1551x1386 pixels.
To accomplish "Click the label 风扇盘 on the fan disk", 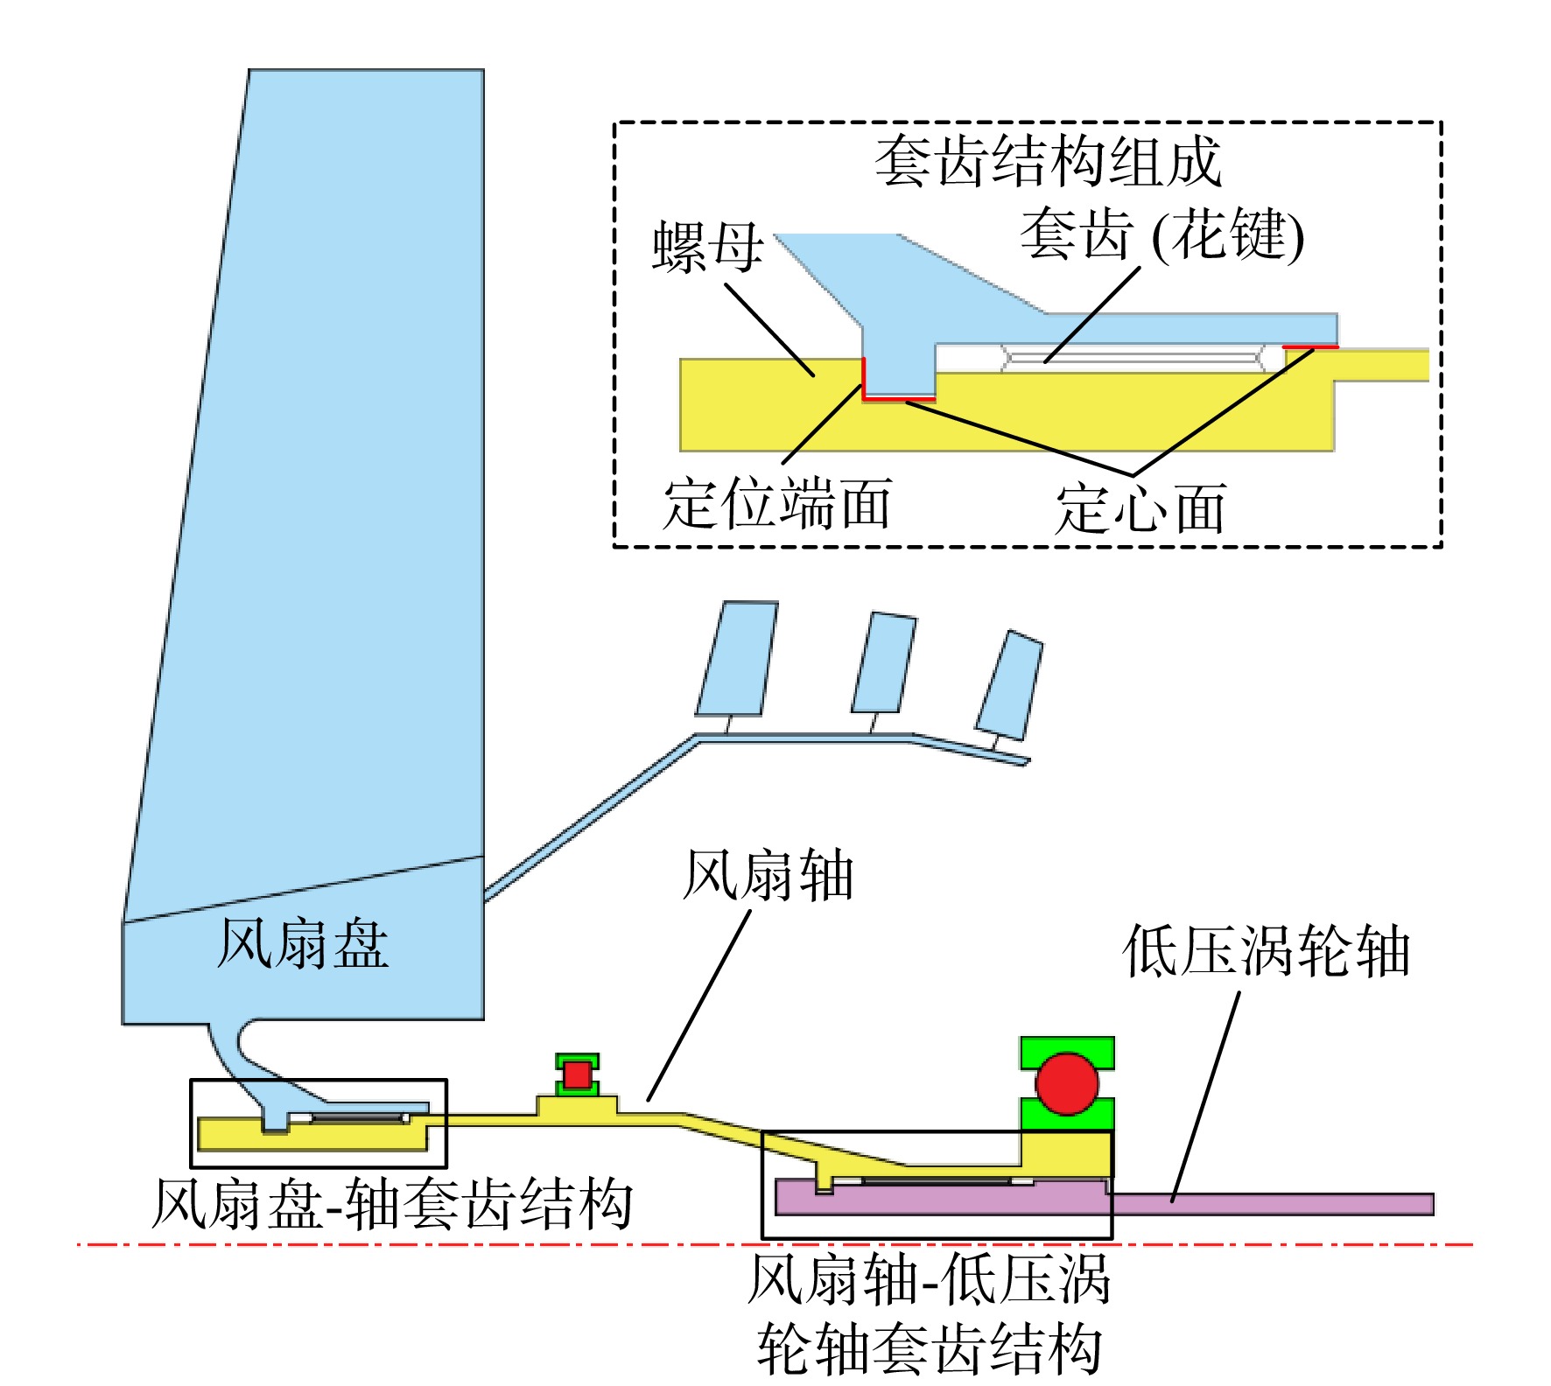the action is [302, 943].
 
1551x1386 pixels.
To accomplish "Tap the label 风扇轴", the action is [768, 875].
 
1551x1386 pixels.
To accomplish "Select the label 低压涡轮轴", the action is [1266, 951].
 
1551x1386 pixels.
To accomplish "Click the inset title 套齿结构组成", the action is [1048, 162].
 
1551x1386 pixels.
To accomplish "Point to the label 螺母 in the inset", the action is [708, 246].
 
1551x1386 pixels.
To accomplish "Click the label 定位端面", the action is [777, 503].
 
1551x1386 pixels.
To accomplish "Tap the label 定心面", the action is [1140, 508].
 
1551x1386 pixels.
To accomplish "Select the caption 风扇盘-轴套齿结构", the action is [392, 1204].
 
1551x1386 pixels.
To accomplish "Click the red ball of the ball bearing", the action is [1066, 1083].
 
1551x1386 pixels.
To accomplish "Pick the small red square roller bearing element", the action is [577, 1074].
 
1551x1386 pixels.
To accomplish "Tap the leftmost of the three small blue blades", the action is [737, 658].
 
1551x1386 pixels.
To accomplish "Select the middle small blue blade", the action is [884, 662].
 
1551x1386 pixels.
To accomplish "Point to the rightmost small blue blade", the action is [1009, 684].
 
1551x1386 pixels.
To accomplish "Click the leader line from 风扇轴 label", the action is [698, 1005].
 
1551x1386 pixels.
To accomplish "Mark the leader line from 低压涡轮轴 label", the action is [1206, 1095].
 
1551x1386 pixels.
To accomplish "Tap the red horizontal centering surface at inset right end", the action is [1310, 347].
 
